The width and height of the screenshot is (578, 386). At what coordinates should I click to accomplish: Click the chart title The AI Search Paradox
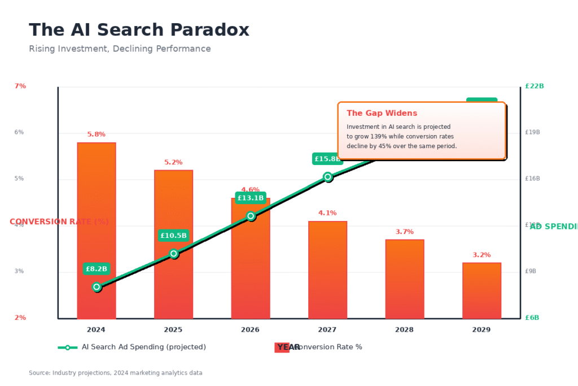pyautogui.click(x=139, y=30)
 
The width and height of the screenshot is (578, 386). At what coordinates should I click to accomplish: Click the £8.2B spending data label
pyautogui.click(x=97, y=269)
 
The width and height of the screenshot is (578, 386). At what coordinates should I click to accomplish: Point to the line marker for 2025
pyautogui.click(x=174, y=254)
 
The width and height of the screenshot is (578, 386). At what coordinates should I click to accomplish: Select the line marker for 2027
pyautogui.click(x=328, y=177)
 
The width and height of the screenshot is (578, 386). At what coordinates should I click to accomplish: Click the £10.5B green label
pyautogui.click(x=174, y=236)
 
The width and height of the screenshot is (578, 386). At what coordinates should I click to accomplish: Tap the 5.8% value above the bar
pyautogui.click(x=97, y=135)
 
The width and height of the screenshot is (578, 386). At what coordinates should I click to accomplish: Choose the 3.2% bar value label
pyautogui.click(x=481, y=255)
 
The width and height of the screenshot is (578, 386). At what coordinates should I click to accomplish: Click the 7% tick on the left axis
pyautogui.click(x=20, y=86)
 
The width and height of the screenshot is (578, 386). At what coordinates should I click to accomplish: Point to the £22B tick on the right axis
pyautogui.click(x=534, y=86)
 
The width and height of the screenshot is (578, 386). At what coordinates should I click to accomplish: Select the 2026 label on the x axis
pyautogui.click(x=251, y=329)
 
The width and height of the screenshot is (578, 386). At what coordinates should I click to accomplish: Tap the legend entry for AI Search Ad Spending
pyautogui.click(x=132, y=347)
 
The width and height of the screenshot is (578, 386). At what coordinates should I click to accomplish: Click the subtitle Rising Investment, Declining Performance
pyautogui.click(x=120, y=49)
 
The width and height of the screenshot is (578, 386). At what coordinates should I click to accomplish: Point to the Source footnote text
pyautogui.click(x=116, y=373)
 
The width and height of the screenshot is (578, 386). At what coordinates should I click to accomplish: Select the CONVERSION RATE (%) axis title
pyautogui.click(x=59, y=222)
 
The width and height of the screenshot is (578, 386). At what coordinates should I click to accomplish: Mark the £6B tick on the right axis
pyautogui.click(x=532, y=318)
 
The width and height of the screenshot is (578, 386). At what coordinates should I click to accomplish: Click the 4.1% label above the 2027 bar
pyautogui.click(x=327, y=213)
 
